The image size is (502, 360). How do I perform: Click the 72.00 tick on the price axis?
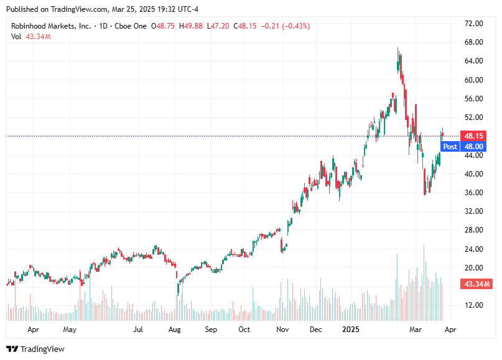[x=474, y=24]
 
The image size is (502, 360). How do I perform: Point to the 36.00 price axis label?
[x=474, y=193]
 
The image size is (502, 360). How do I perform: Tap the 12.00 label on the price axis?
[x=474, y=305]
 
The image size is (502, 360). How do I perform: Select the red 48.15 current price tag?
[x=473, y=136]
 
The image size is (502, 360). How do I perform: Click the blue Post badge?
[x=450, y=147]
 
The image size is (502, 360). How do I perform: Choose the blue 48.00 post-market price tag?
[x=473, y=147]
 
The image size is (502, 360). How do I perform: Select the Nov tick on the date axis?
[x=282, y=329]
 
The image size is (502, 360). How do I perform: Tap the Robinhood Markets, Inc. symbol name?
[x=51, y=26]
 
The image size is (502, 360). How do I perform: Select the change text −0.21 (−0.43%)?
[x=286, y=26]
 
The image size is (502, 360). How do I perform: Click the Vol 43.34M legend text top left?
[x=31, y=37]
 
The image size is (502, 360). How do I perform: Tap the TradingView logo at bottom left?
[x=35, y=349]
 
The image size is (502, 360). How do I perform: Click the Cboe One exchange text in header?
[x=131, y=26]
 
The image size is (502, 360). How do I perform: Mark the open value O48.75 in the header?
[x=164, y=26]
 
